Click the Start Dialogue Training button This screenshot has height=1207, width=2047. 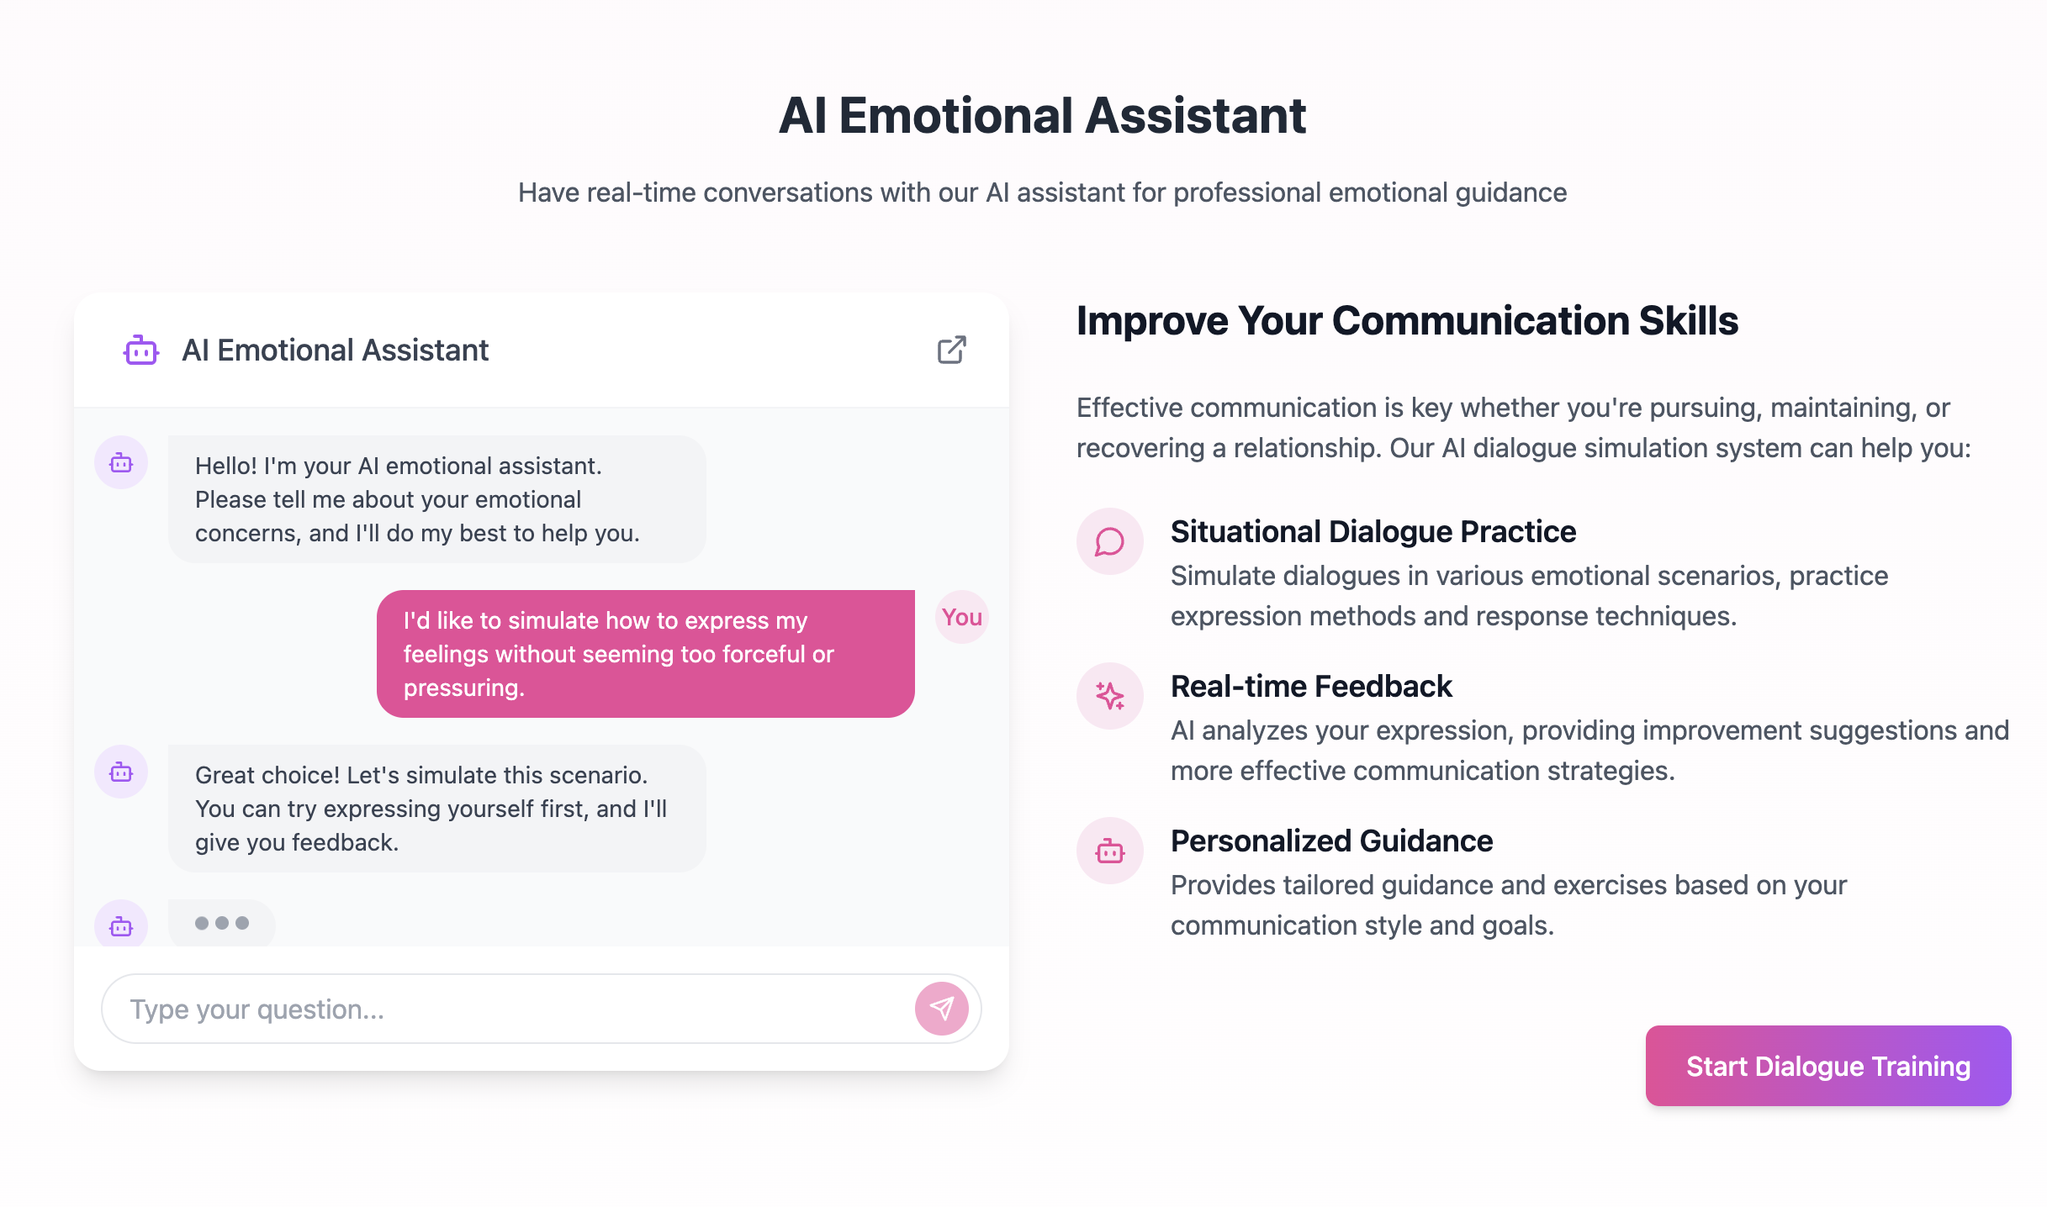(1828, 1066)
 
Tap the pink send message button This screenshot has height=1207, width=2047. (942, 1009)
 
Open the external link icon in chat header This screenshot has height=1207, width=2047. (952, 350)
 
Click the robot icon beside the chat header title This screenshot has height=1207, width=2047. (141, 351)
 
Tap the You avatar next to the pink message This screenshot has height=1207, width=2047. (962, 617)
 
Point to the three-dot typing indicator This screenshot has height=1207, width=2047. (222, 923)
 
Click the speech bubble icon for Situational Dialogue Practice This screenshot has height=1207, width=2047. (1110, 541)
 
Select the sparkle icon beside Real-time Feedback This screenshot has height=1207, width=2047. (1110, 696)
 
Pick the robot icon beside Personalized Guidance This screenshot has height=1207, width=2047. (1110, 851)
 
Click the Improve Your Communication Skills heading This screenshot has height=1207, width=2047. (1407, 320)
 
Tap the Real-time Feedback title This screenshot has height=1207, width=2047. (1311, 686)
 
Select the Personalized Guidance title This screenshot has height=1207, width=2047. (1331, 841)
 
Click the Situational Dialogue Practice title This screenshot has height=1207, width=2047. (1373, 531)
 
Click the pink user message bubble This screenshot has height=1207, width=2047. (646, 654)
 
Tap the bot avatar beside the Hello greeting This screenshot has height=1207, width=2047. (121, 462)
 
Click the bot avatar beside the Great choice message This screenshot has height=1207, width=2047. (121, 772)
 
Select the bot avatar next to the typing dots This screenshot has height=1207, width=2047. (121, 925)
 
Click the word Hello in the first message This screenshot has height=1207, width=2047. (226, 466)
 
